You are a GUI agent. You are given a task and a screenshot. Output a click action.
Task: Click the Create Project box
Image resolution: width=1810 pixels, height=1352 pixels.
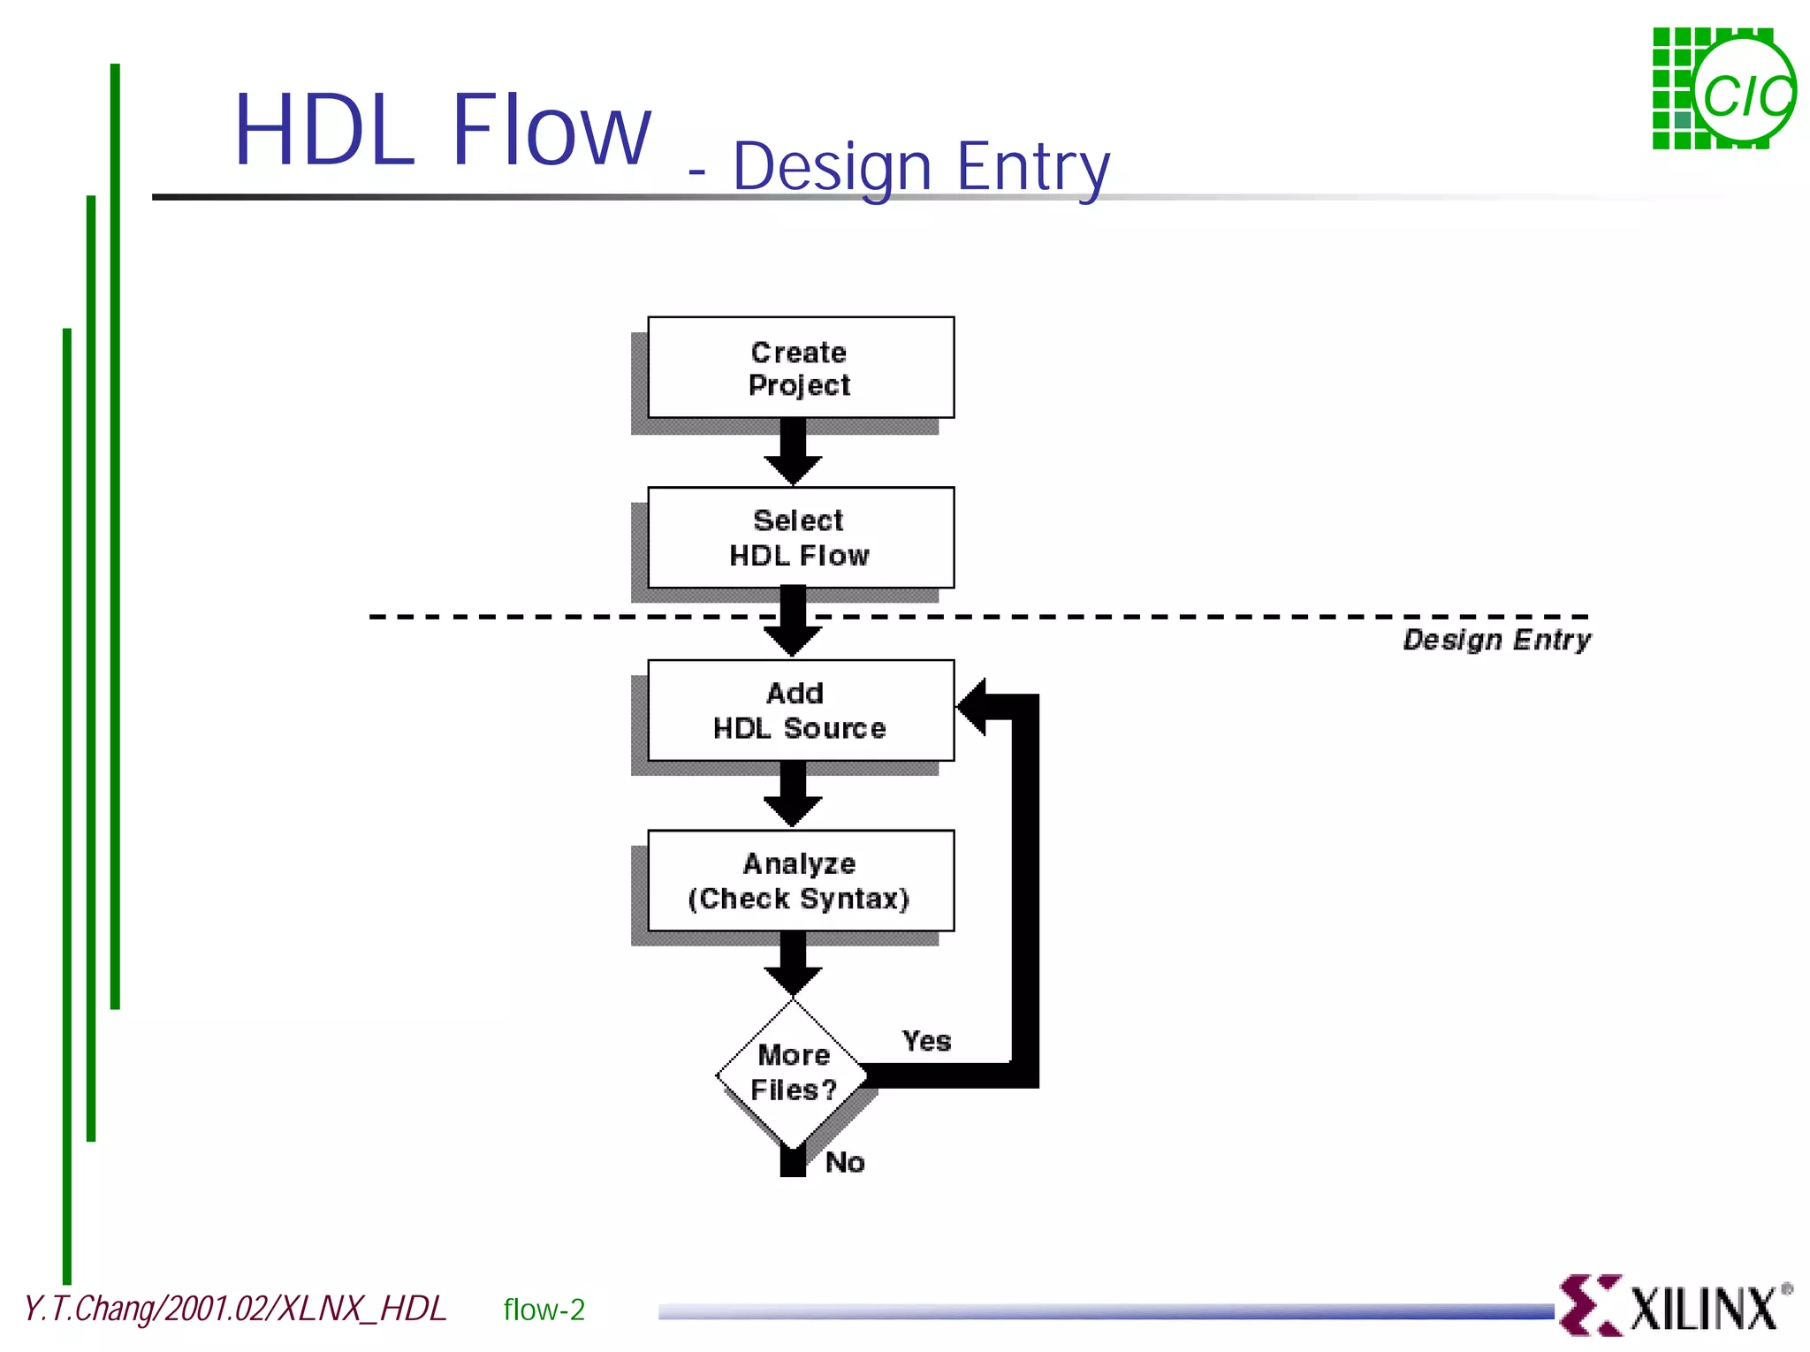pos(800,368)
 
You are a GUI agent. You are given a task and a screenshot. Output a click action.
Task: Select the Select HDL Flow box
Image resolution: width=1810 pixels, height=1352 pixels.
pos(800,537)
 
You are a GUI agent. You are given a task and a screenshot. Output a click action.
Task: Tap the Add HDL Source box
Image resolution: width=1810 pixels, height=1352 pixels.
pos(800,710)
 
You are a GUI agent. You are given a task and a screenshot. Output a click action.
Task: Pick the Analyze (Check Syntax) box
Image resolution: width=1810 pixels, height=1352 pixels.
pos(800,880)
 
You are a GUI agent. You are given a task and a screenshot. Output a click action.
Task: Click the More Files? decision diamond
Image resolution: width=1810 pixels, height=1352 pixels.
pos(793,1073)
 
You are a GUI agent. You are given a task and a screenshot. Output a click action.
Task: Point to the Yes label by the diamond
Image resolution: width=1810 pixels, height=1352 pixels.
pos(926,1041)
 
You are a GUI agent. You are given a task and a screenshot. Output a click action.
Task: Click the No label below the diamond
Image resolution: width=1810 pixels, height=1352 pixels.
pos(845,1162)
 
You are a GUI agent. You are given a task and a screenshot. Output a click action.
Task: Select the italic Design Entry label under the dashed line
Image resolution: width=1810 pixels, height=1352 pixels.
pos(1496,639)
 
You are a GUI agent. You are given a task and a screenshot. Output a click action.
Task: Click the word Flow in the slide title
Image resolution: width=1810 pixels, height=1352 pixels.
pos(551,131)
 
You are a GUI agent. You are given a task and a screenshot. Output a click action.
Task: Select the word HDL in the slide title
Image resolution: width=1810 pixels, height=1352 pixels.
pos(323,131)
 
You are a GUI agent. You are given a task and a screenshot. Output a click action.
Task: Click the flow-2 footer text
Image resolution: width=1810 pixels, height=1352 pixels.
pos(544,1310)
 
